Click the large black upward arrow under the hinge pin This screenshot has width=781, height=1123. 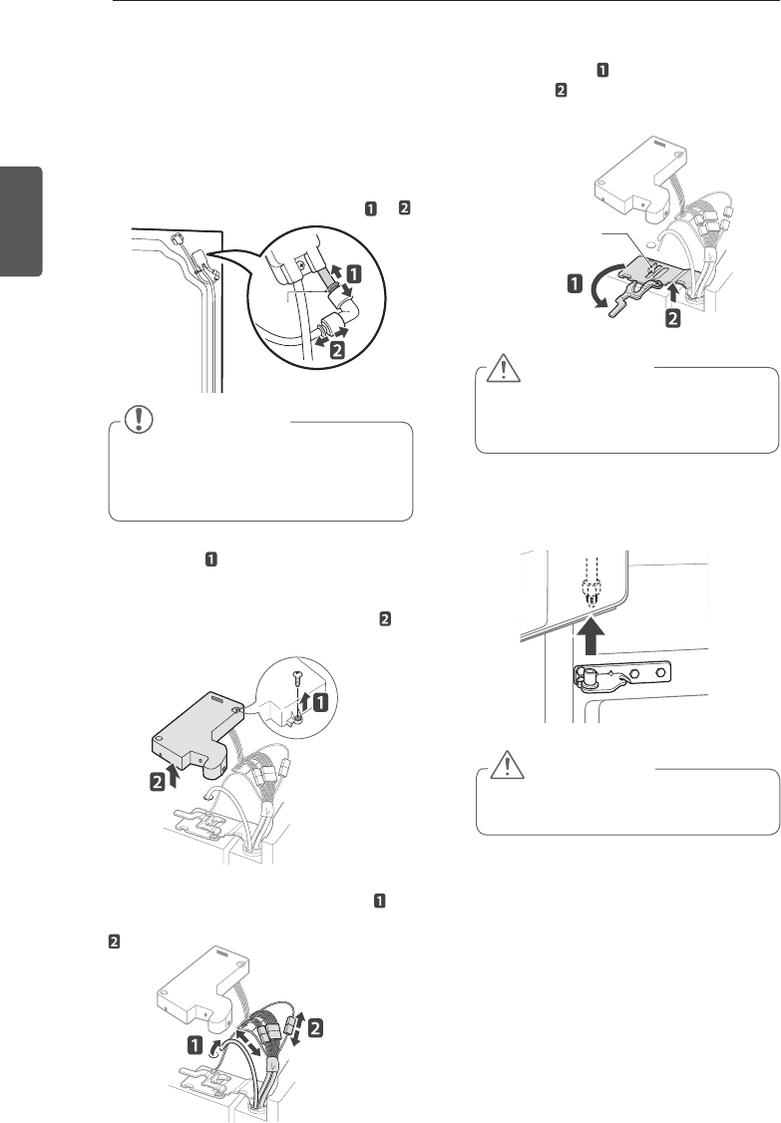(590, 633)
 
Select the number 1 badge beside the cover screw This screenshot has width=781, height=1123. (321, 702)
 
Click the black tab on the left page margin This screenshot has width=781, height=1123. (22, 220)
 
